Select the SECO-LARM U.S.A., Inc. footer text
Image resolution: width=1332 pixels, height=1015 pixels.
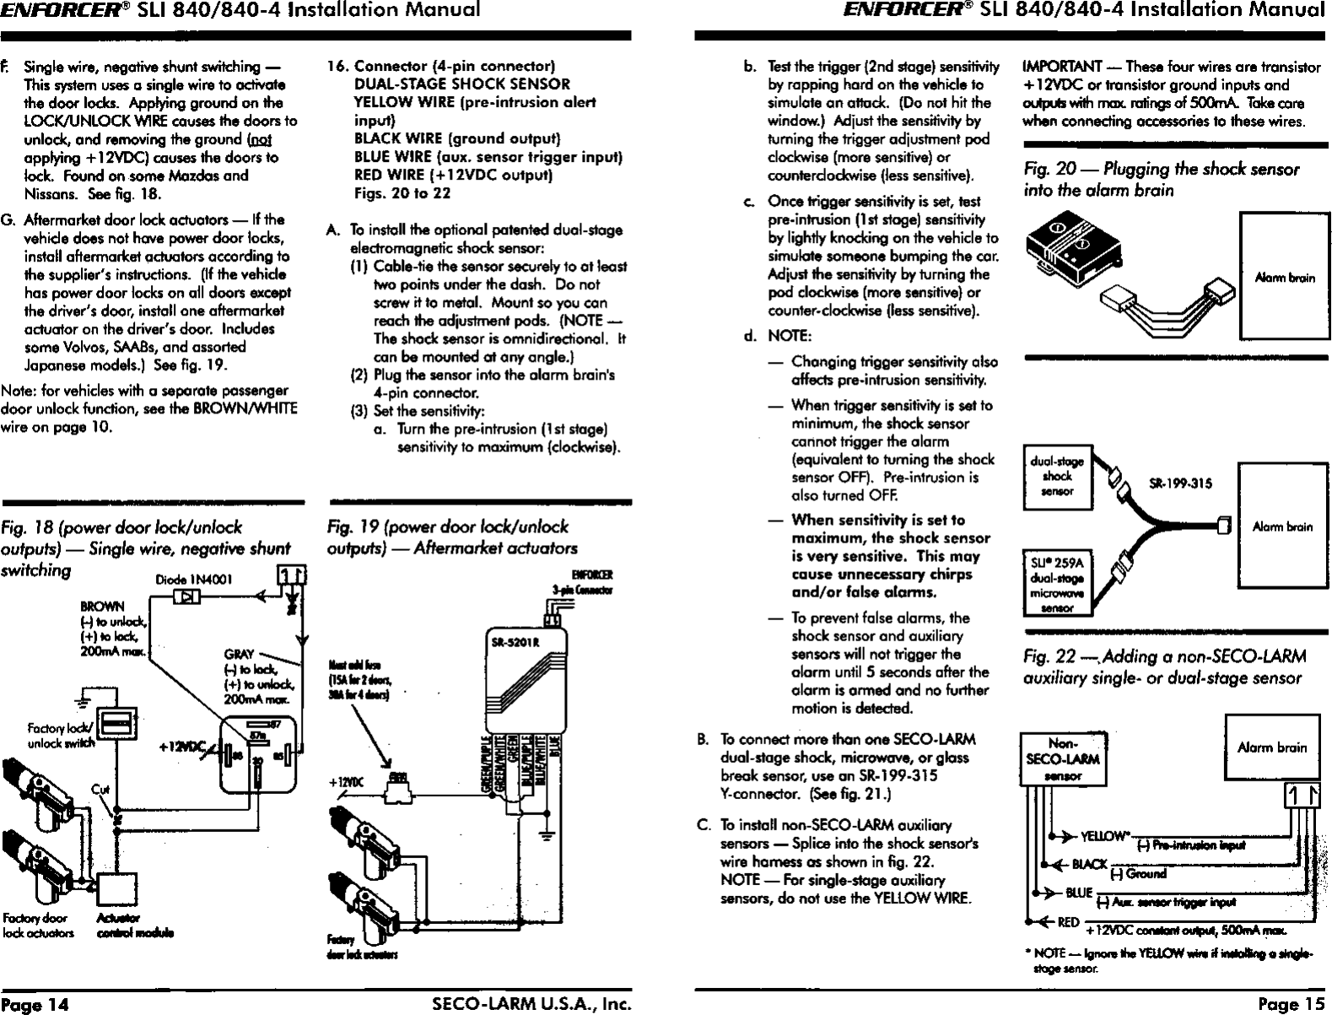click(531, 1004)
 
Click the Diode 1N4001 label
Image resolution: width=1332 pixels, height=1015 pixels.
click(200, 579)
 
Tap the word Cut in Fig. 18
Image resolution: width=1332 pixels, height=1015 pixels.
click(100, 790)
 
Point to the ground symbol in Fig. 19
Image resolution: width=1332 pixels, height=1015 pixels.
click(548, 838)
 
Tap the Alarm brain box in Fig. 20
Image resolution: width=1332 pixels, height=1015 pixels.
click(1277, 276)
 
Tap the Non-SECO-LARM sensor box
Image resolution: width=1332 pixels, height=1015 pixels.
click(1062, 759)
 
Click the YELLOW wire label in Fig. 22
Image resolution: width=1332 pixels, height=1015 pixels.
click(1103, 837)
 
